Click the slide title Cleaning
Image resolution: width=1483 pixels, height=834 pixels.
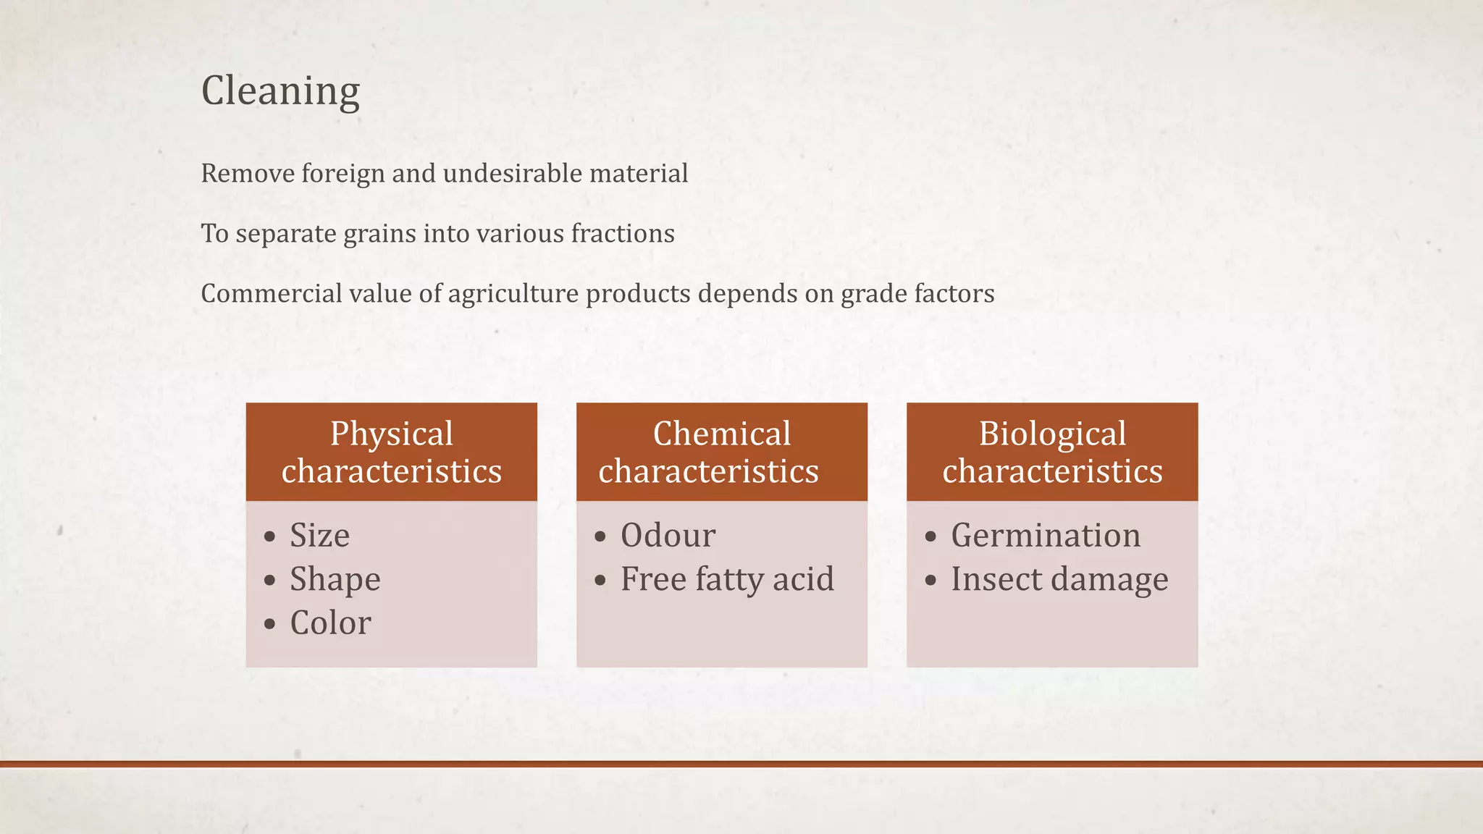pos(280,91)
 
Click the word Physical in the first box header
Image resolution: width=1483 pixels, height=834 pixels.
pos(391,434)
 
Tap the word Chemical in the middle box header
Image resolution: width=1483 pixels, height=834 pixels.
pos(721,434)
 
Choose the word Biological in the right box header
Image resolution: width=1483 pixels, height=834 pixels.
pos(1052,434)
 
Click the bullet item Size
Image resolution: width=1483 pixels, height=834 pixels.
pos(319,536)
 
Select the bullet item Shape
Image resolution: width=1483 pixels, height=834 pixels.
pos(335,579)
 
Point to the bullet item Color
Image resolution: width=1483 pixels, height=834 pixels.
pos(330,623)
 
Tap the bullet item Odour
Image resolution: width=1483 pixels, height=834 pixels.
pos(668,536)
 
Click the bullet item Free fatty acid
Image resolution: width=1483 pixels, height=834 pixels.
pos(727,579)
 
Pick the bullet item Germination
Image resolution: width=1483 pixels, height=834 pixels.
pos(1046,536)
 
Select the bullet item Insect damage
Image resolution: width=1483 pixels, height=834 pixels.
pos(1059,579)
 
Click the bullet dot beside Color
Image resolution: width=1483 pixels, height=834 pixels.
pos(270,624)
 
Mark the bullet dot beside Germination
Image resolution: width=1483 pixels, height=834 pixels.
pos(931,537)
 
